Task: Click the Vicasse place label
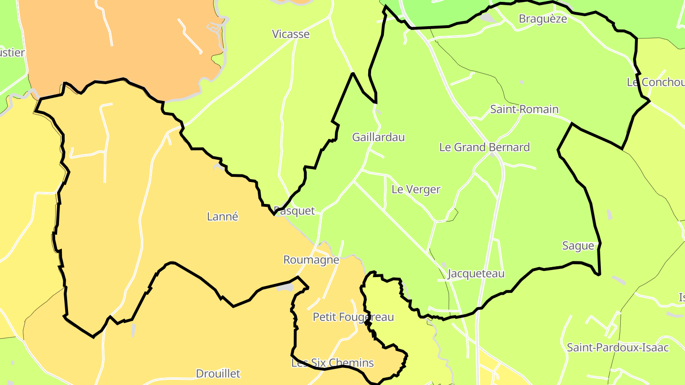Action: (291, 34)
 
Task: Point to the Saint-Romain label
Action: (524, 109)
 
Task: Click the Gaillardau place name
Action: (378, 137)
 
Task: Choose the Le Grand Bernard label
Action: (484, 147)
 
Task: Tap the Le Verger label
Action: (416, 190)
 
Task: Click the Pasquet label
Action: (295, 211)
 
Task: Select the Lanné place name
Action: (223, 217)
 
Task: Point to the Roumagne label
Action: (311, 260)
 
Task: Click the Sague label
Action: (578, 246)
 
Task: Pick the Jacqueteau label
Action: (476, 274)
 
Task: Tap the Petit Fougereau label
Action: (353, 317)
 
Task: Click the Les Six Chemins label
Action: (333, 363)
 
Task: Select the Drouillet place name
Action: (218, 374)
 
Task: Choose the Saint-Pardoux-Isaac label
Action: (617, 347)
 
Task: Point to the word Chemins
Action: (352, 363)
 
